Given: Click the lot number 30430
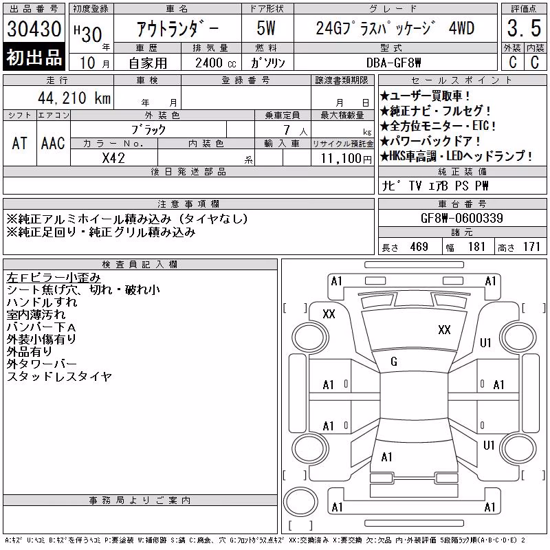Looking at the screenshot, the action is pyautogui.click(x=34, y=29).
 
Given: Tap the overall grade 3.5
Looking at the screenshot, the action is pyautogui.click(x=524, y=28).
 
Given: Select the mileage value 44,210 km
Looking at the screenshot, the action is pyautogui.click(x=74, y=98).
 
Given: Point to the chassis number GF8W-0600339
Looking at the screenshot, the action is pyautogui.click(x=461, y=218).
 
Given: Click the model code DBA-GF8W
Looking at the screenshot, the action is pyautogui.click(x=393, y=63).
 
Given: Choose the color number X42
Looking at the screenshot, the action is pyautogui.click(x=113, y=158).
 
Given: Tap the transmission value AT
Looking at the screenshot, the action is pyautogui.click(x=19, y=143).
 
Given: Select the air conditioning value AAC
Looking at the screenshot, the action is pyautogui.click(x=53, y=143).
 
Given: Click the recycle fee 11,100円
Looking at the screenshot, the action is pyautogui.click(x=346, y=159).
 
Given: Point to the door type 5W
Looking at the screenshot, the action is pyautogui.click(x=266, y=28).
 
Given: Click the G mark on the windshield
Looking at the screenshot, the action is pyautogui.click(x=394, y=362).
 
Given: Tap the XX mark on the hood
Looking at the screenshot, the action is pyautogui.click(x=444, y=330).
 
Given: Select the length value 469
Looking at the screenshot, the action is pyautogui.click(x=419, y=247).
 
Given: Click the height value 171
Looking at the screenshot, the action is pyautogui.click(x=531, y=247).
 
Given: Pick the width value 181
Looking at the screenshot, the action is pyautogui.click(x=476, y=247).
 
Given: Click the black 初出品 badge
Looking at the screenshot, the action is pyautogui.click(x=34, y=57).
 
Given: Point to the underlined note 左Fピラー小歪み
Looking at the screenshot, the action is pyautogui.click(x=54, y=278).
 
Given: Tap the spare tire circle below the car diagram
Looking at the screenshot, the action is pyautogui.click(x=300, y=502).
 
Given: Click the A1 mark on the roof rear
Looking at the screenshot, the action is pyautogui.click(x=386, y=457).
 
